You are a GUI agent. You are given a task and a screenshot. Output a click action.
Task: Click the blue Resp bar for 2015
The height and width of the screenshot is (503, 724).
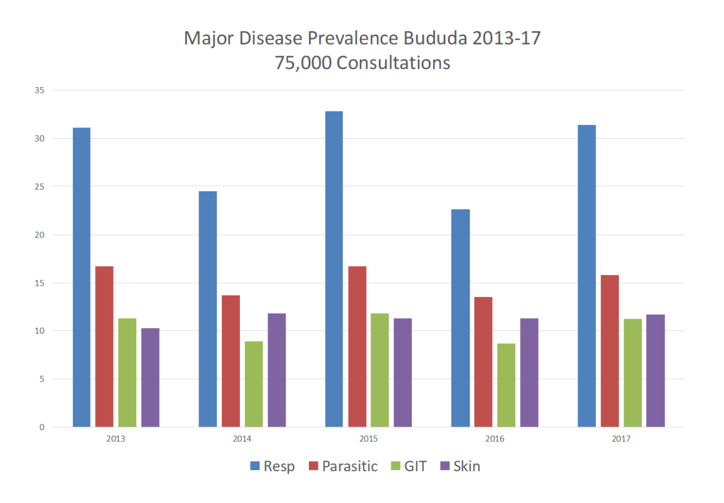(x=334, y=269)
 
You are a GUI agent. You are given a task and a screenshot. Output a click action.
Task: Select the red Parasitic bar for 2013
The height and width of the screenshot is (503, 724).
(x=104, y=346)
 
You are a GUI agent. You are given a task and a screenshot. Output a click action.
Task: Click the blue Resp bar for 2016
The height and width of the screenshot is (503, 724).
(x=460, y=318)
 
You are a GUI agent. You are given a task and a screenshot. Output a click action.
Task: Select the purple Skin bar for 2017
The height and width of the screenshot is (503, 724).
(x=656, y=371)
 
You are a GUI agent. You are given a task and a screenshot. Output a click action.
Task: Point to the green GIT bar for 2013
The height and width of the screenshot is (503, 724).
(x=127, y=372)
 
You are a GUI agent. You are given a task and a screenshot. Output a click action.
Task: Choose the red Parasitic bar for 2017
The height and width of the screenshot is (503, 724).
(x=610, y=351)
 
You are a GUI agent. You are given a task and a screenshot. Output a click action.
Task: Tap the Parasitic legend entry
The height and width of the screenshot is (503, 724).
(x=343, y=466)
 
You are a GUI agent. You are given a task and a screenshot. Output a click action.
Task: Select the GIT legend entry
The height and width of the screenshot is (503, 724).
(x=408, y=466)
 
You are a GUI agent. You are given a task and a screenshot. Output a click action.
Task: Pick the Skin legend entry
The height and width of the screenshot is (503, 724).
(x=460, y=466)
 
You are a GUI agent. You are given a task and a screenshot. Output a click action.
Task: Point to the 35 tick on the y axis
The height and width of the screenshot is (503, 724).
(x=41, y=91)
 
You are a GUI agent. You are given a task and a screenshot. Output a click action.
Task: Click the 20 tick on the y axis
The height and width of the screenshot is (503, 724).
(x=41, y=235)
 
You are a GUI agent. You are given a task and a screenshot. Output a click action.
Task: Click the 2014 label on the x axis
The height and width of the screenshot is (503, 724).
(x=242, y=439)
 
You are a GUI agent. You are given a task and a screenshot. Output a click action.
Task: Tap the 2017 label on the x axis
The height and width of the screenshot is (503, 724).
(x=621, y=439)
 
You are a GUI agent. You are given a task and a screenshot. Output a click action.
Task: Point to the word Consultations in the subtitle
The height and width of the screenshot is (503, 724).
(x=393, y=63)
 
